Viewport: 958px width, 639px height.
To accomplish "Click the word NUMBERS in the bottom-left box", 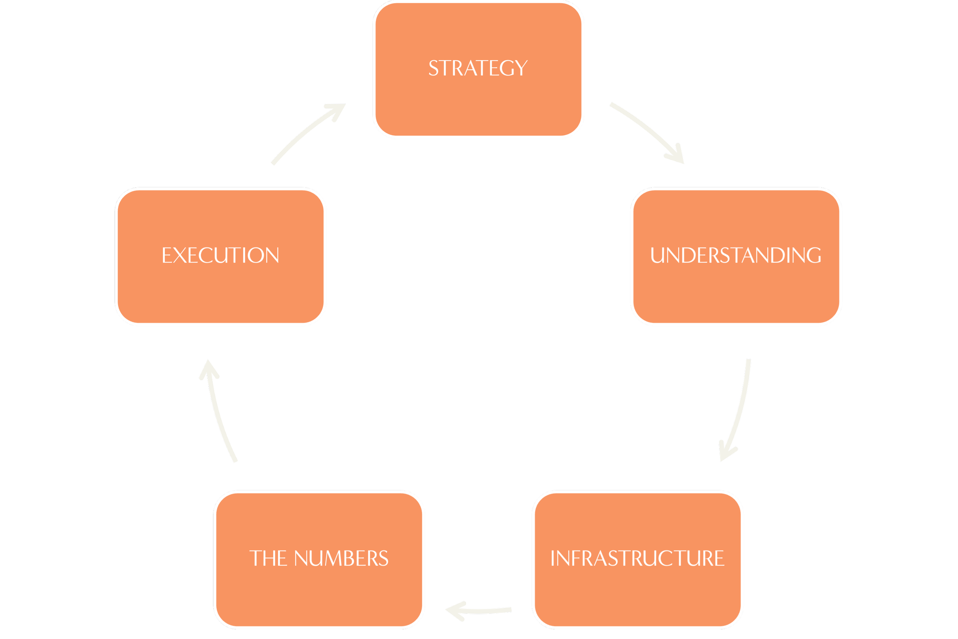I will (341, 558).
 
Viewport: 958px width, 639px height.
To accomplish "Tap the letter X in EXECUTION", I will (180, 256).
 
